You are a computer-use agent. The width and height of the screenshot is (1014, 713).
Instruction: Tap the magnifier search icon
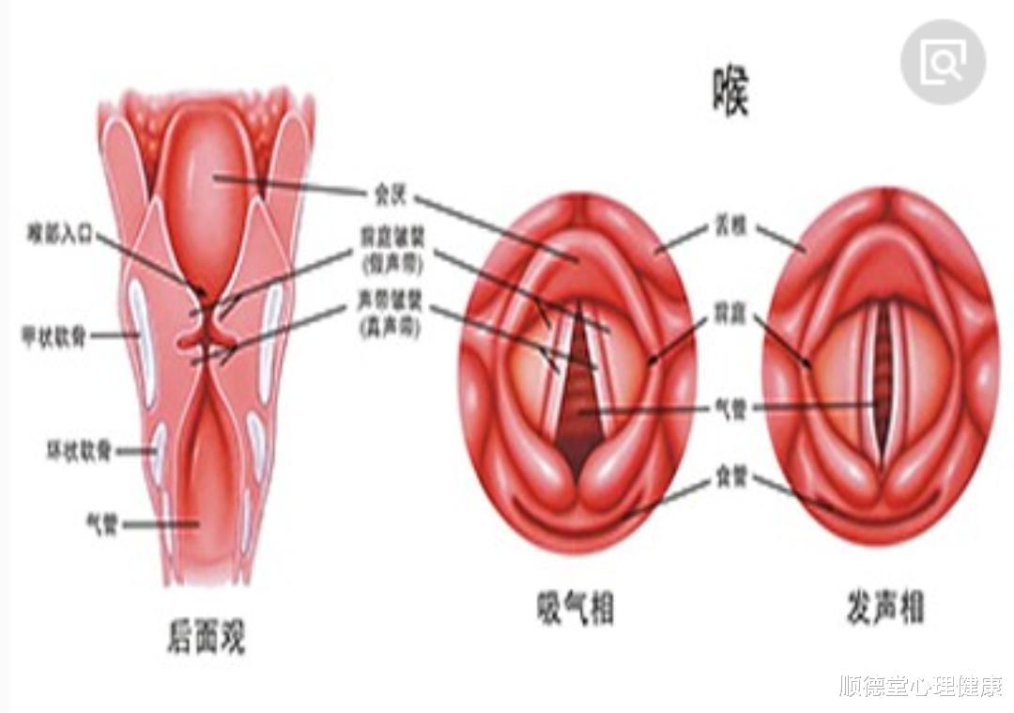tap(943, 62)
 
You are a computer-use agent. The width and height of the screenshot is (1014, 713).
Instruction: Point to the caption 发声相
tap(883, 609)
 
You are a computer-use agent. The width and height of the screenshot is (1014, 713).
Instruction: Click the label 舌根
tap(730, 226)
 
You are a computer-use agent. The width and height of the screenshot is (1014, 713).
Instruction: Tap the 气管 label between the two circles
tap(730, 409)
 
